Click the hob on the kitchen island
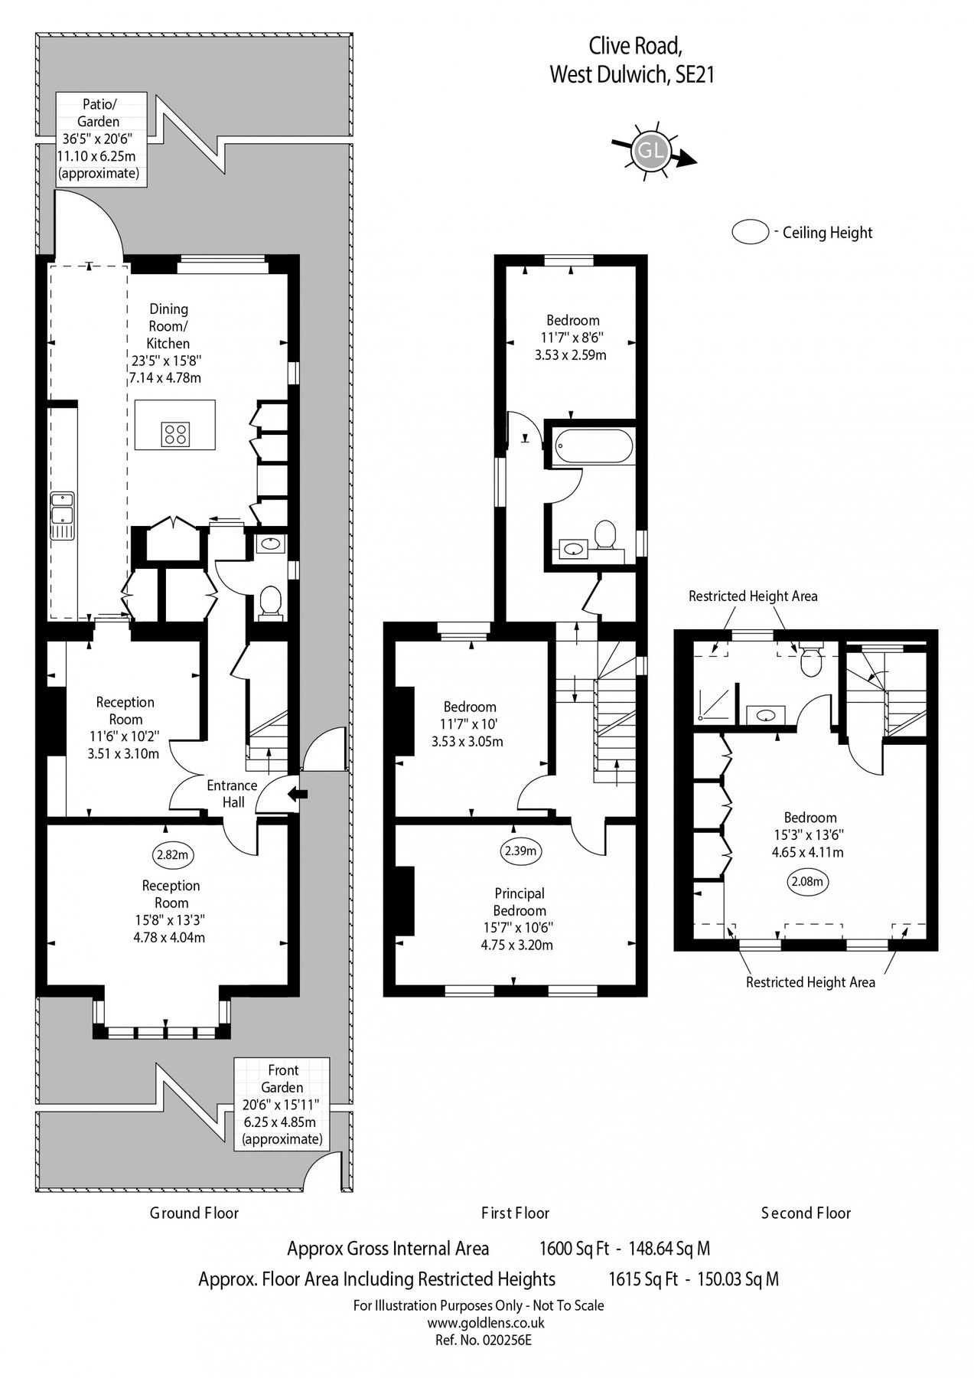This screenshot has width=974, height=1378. pyautogui.click(x=175, y=435)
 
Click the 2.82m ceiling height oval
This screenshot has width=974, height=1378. pyautogui.click(x=171, y=856)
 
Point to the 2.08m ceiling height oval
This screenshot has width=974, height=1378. pyautogui.click(x=807, y=881)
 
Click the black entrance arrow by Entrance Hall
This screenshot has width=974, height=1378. pyautogui.click(x=298, y=796)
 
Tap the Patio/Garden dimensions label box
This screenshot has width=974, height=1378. pyautogui.click(x=101, y=138)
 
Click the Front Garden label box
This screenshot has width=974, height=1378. pyautogui.click(x=282, y=1104)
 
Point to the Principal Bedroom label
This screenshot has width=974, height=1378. pyautogui.click(x=520, y=902)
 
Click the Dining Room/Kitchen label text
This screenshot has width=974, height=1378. pyautogui.click(x=168, y=326)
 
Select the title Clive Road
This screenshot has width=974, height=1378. pyautogui.click(x=634, y=47)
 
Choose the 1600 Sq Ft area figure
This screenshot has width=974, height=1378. pyautogui.click(x=574, y=1249)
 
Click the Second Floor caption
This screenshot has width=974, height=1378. pyautogui.click(x=806, y=1213)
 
